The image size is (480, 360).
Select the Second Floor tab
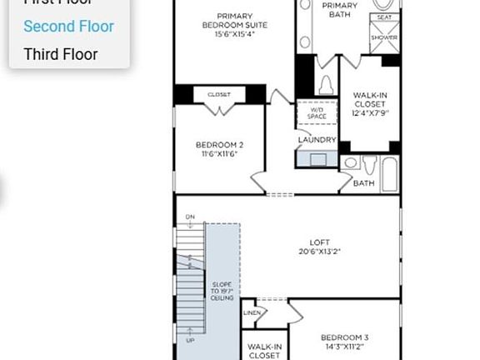coord(68,26)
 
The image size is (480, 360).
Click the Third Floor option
coord(61,54)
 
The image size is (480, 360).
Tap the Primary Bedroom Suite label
coord(235,24)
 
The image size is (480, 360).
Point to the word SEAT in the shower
coord(384,17)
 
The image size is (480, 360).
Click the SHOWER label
coord(384,37)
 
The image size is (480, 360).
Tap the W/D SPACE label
coord(317,112)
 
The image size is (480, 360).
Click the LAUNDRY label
coord(317,140)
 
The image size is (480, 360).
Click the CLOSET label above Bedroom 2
coord(218,94)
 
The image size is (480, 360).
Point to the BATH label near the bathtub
coord(363,182)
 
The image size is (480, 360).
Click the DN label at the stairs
coord(190,217)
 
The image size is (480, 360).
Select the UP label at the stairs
coord(190,341)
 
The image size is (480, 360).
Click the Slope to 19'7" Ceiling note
coord(222,290)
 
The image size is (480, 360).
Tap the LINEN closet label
coord(251,312)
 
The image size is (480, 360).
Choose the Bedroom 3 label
coord(344,342)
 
